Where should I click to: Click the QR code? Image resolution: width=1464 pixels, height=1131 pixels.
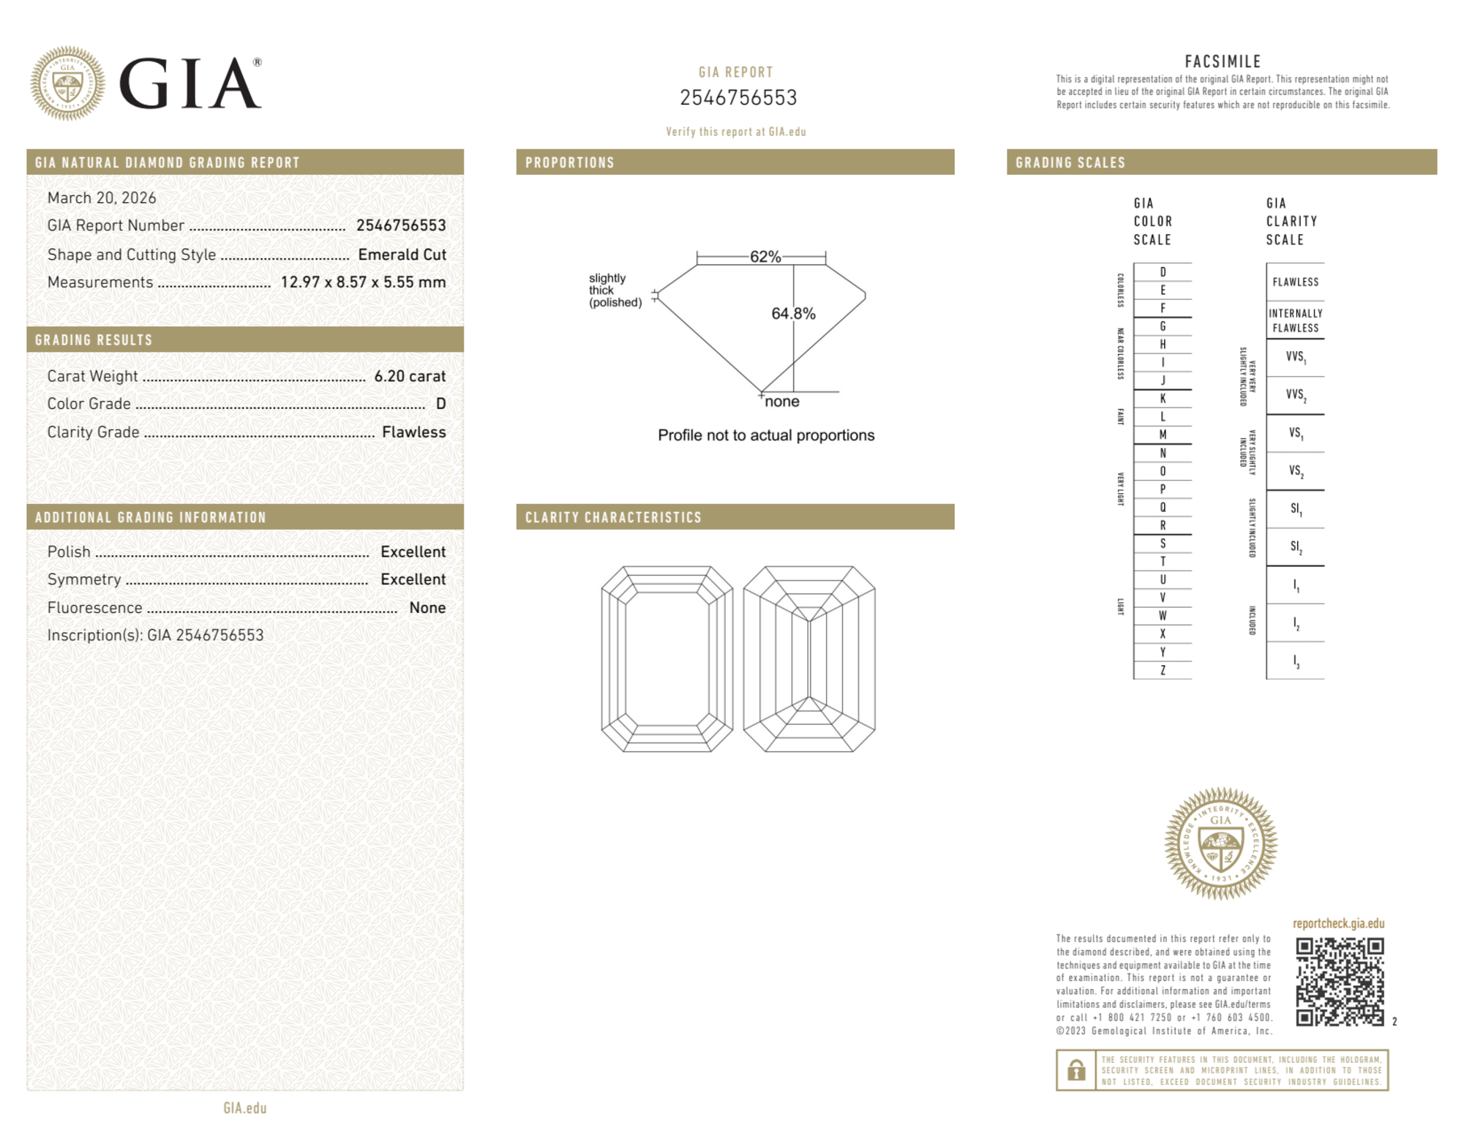(1339, 981)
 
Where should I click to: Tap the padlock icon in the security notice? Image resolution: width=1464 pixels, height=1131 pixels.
(1076, 1070)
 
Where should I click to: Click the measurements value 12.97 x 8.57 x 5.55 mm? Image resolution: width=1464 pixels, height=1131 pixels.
(363, 282)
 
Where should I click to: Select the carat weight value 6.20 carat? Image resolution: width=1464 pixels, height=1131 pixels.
(410, 376)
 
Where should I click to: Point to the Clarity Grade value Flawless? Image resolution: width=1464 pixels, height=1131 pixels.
(413, 432)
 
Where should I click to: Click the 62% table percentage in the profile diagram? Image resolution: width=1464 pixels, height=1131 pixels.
(765, 257)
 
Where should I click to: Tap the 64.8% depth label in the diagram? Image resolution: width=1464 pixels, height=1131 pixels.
(793, 313)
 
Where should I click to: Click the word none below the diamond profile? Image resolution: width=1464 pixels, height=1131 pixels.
(782, 402)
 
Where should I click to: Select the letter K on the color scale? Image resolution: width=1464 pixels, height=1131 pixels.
(1163, 399)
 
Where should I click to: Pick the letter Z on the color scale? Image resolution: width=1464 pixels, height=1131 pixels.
(1163, 670)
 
